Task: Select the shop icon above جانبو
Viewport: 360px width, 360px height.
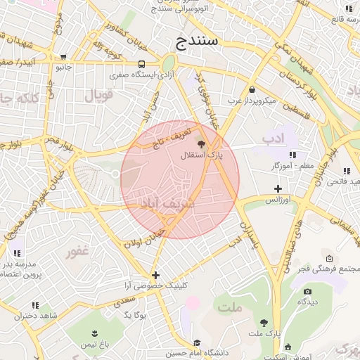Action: (x=64, y=58)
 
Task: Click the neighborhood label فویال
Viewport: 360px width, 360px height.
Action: (x=98, y=95)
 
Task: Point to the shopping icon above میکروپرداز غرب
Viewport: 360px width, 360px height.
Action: (x=252, y=89)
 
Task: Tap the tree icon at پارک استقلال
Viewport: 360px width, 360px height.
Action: (x=212, y=143)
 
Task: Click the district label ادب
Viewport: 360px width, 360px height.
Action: (x=276, y=139)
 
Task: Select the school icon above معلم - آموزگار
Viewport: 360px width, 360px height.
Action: (x=293, y=155)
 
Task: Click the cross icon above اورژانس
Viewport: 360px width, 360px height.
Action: (x=278, y=188)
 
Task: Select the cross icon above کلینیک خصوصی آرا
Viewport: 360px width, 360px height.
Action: (x=155, y=275)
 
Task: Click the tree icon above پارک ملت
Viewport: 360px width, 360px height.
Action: (x=264, y=323)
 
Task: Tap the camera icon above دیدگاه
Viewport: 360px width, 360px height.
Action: (x=306, y=290)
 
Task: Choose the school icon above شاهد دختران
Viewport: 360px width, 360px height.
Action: (x=34, y=305)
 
